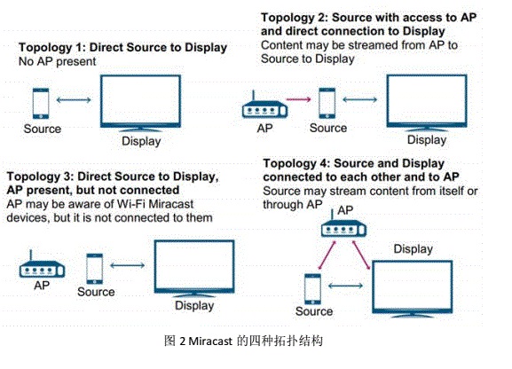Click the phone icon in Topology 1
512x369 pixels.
(x=41, y=103)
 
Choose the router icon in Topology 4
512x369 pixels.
(x=344, y=225)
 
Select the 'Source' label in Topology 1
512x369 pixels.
(x=43, y=129)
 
